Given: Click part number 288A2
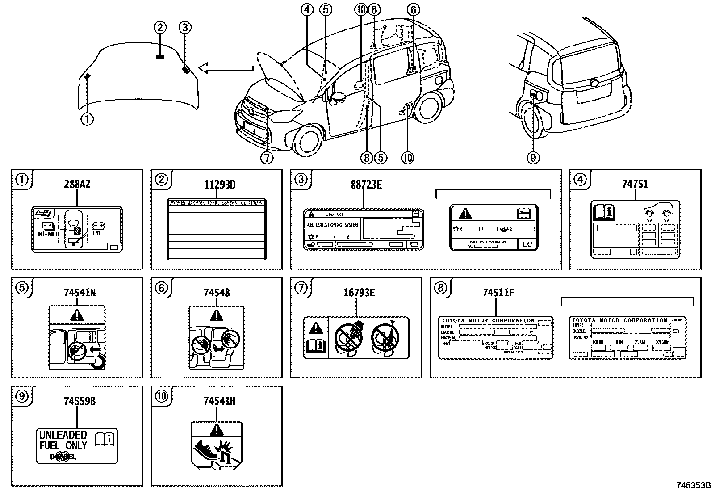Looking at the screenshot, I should click(x=77, y=184).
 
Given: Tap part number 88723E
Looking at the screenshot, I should click(x=366, y=184).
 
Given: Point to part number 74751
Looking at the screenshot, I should click(x=635, y=184).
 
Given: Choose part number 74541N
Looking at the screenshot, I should click(x=77, y=293).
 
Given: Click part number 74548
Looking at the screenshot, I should click(x=217, y=293).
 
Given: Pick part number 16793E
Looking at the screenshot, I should click(x=359, y=293).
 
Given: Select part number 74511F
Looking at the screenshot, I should click(x=498, y=293).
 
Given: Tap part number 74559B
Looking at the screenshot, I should click(x=77, y=401).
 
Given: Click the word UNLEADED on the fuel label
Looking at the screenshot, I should click(x=63, y=435).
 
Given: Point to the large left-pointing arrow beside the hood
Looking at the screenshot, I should click(x=226, y=68).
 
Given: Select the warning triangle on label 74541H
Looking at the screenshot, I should click(x=217, y=430).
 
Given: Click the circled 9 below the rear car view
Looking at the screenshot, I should click(x=533, y=157).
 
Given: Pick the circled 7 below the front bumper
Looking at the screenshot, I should click(x=267, y=158).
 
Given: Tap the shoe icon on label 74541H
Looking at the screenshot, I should click(x=205, y=448).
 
